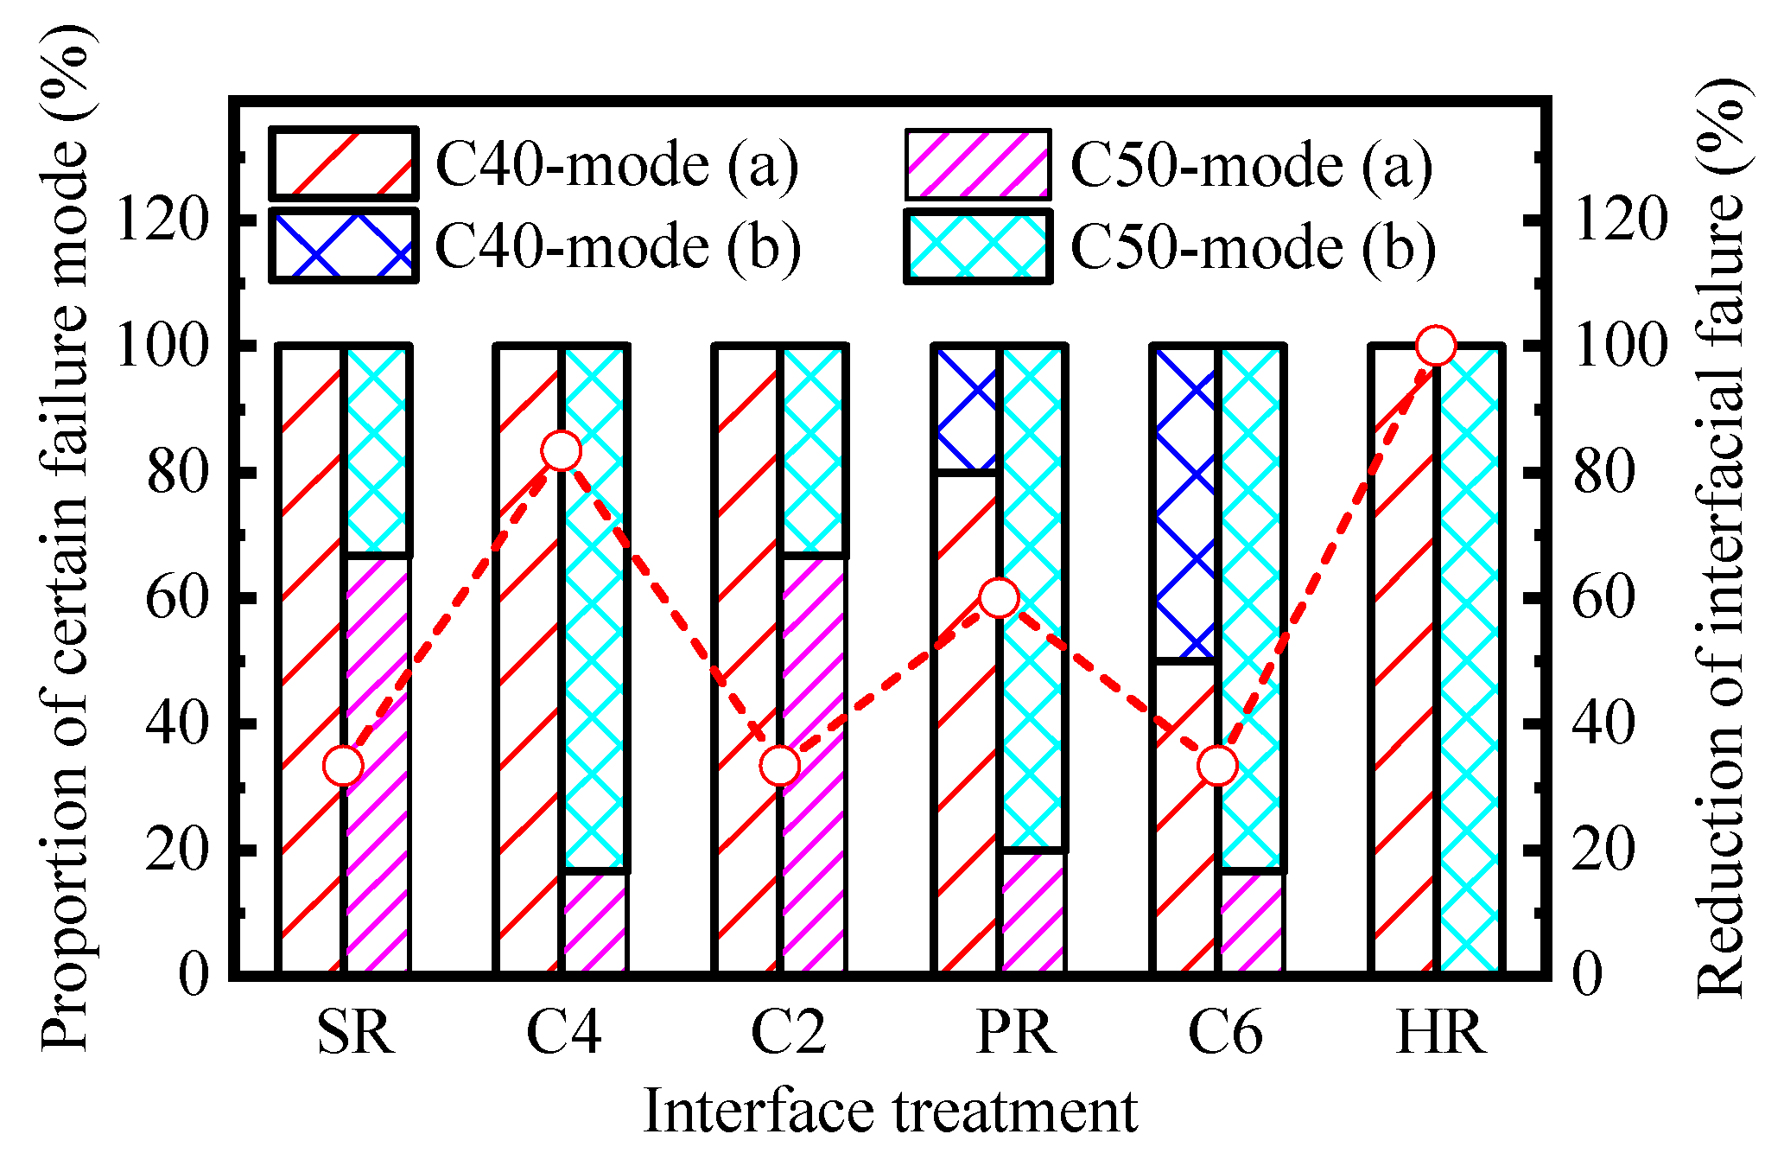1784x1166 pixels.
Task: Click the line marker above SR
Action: click(x=343, y=766)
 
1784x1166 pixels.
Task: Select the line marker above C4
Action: click(x=561, y=451)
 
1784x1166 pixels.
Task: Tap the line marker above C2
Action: click(x=780, y=766)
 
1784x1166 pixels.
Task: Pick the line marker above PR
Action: click(x=999, y=598)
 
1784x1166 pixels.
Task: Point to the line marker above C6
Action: click(x=1218, y=766)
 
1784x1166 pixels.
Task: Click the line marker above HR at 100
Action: click(x=1436, y=346)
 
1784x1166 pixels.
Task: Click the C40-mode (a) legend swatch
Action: click(x=344, y=164)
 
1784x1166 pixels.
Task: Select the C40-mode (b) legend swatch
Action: click(x=344, y=245)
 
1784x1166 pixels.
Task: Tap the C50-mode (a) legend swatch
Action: click(x=978, y=164)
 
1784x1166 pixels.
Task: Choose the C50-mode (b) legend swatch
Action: click(x=978, y=245)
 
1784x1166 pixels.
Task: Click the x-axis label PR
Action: click(x=1015, y=1032)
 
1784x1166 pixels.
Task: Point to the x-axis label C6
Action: click(x=1225, y=1032)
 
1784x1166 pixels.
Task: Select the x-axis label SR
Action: click(x=356, y=1032)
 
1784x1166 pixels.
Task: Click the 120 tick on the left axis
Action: click(x=162, y=220)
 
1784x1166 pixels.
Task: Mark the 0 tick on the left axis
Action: click(x=194, y=975)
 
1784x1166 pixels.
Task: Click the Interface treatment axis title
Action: click(x=890, y=1112)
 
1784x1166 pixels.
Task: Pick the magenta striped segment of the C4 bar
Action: click(x=594, y=923)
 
